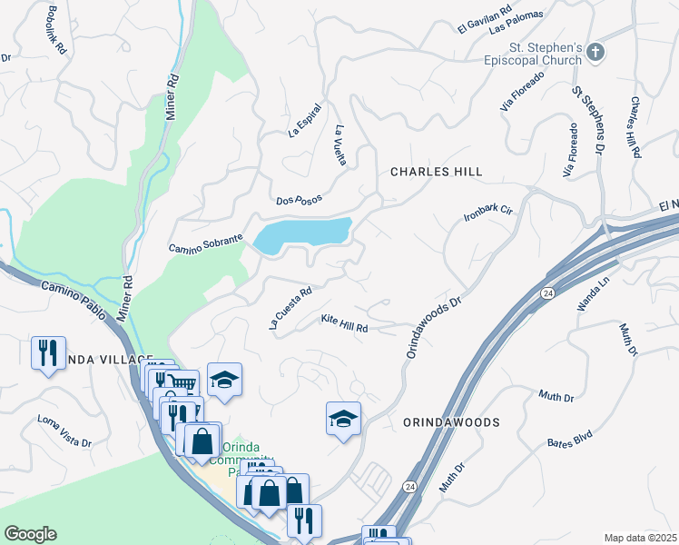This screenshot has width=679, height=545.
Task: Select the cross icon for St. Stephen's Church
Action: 595,51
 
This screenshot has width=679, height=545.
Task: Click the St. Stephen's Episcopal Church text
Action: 545,54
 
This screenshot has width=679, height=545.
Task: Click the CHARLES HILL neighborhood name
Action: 436,172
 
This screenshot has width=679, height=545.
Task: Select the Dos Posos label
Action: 299,199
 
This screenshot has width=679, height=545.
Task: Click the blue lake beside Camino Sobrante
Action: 303,233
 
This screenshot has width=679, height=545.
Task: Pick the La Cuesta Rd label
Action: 290,308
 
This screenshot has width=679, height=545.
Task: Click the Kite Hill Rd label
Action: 344,322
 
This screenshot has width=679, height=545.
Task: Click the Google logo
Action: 30,534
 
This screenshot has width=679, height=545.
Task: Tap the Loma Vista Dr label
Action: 64,431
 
